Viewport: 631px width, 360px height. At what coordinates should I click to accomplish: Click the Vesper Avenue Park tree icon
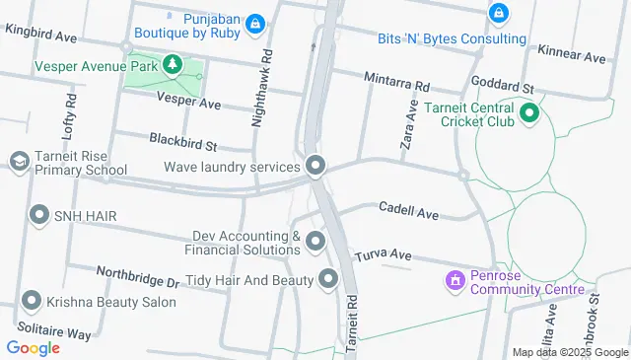[173, 65]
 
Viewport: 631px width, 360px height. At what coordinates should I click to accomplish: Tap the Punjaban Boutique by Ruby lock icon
[255, 23]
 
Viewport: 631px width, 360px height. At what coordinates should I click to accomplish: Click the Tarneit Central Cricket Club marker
[528, 112]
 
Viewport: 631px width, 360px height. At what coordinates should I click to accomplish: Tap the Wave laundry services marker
[315, 166]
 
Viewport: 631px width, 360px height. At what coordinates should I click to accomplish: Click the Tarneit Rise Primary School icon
[19, 161]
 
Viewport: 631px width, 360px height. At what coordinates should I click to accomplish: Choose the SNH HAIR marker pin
[39, 214]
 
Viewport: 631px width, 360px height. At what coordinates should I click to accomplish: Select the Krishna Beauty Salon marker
[32, 301]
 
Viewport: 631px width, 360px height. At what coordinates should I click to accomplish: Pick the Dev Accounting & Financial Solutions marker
[315, 241]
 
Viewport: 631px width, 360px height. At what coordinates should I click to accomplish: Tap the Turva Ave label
[384, 254]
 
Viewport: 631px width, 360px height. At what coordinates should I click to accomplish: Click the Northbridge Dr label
[138, 275]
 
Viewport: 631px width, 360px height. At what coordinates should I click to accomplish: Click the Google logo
[33, 347]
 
